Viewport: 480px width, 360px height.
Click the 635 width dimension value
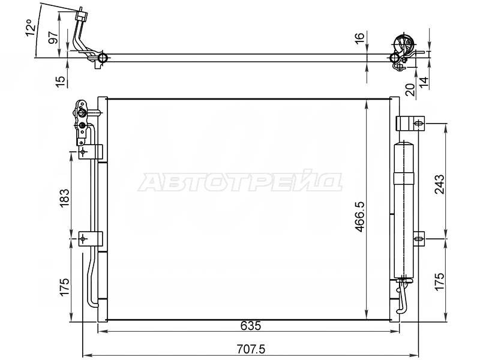(251, 326)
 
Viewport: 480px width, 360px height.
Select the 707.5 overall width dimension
(251, 349)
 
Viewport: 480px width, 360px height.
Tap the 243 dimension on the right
(440, 184)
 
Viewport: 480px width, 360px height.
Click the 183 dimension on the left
(65, 198)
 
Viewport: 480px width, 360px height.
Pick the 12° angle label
(31, 28)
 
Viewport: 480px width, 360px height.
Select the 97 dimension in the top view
(53, 37)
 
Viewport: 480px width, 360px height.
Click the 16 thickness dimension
(360, 37)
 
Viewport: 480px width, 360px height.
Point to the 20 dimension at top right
(410, 89)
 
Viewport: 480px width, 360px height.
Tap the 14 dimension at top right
(424, 82)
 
